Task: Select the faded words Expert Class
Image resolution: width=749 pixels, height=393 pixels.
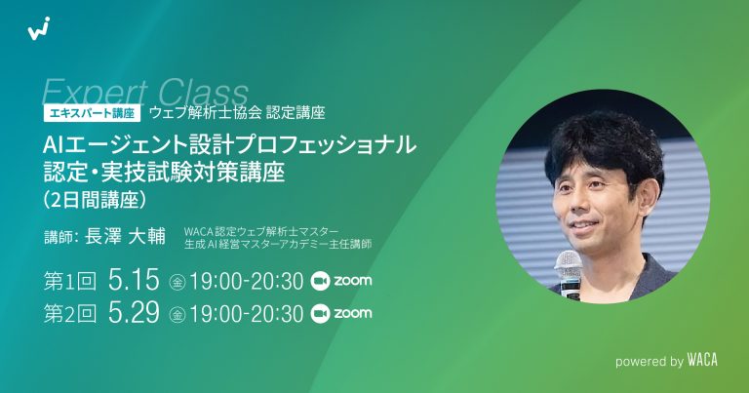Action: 146,93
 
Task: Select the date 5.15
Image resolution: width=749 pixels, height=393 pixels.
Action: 135,283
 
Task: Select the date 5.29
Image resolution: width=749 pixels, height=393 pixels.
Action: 135,314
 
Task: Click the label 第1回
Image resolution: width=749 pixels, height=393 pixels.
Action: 69,283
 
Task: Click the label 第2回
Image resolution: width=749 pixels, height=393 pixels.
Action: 69,314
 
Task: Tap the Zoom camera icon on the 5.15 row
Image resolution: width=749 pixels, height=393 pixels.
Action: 320,283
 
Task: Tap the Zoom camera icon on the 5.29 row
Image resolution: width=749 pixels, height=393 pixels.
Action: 320,314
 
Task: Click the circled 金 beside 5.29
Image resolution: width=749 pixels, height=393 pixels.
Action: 177,315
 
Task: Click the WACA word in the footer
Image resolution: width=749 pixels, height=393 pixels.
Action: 701,360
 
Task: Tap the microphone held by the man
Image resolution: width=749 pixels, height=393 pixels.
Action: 568,264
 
